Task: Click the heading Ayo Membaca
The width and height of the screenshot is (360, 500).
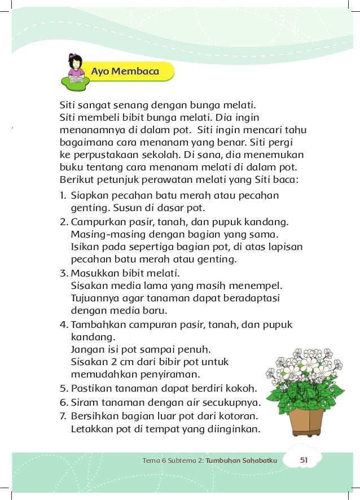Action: point(125,72)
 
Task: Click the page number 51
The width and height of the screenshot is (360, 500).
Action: point(303,460)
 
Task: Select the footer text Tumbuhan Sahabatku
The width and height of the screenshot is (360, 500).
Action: point(242,460)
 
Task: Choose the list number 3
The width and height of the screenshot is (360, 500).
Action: point(64,274)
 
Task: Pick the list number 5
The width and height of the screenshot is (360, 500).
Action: point(64,389)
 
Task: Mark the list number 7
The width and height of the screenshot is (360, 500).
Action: point(63,416)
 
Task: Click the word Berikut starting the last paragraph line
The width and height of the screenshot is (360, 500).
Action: point(78,181)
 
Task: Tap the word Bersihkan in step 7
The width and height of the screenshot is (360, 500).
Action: point(95,416)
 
